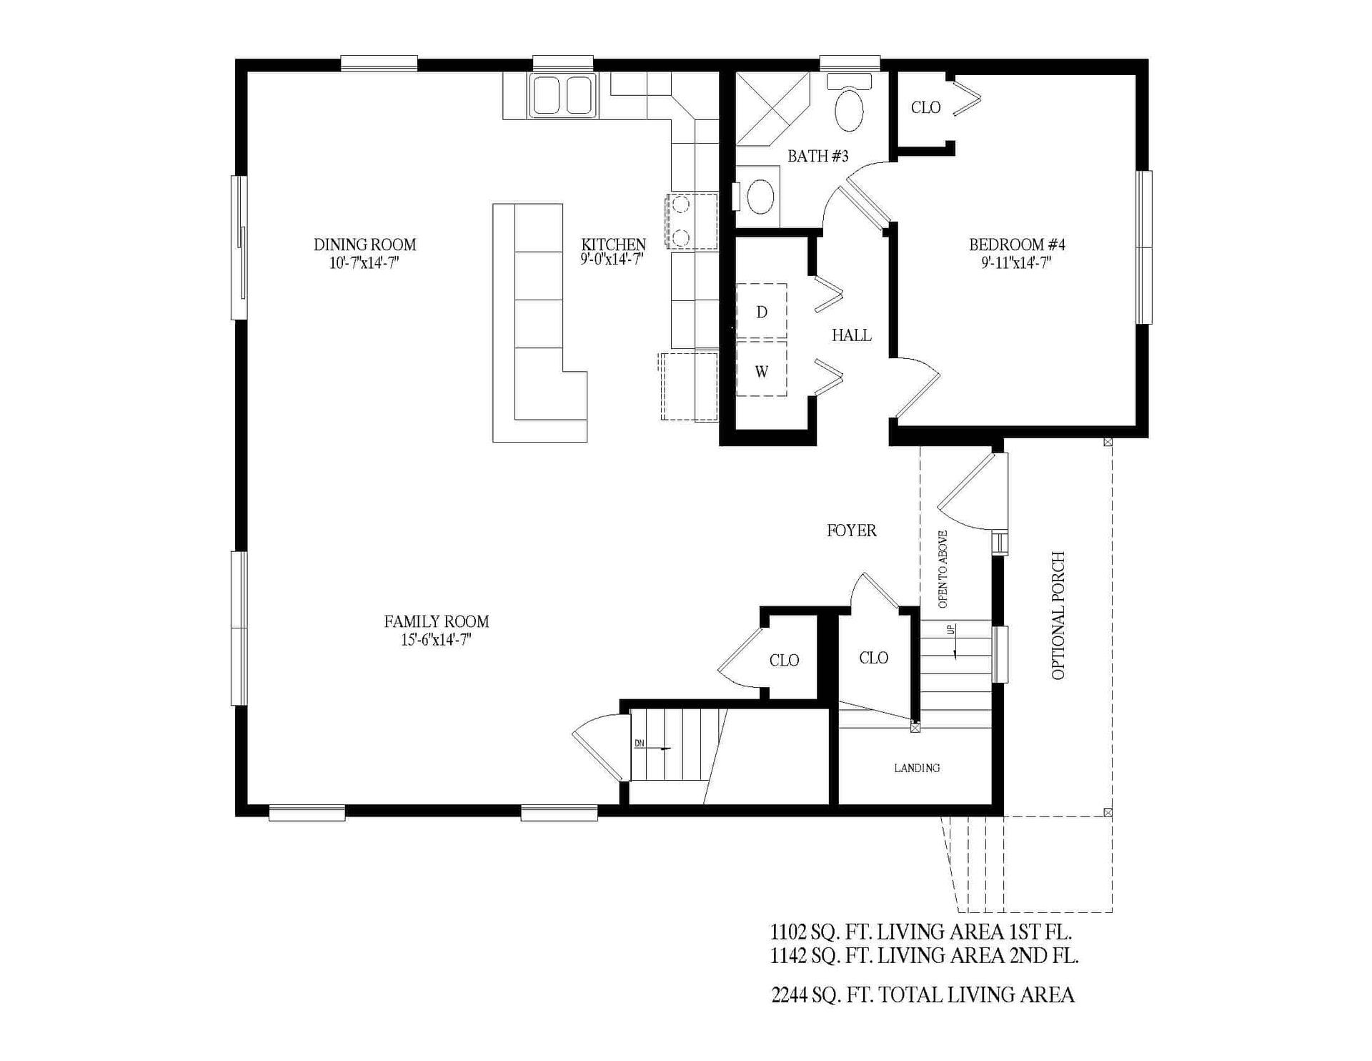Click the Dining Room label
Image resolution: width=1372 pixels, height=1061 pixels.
364,245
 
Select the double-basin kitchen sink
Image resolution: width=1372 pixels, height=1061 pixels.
562,96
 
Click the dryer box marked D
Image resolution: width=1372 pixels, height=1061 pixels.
762,312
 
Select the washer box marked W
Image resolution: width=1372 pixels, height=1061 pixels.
762,372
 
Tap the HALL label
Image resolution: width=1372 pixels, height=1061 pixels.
851,335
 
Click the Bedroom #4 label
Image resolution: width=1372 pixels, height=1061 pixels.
1017,245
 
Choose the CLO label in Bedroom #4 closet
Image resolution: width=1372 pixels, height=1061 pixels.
925,108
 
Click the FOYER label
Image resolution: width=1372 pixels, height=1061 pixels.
851,530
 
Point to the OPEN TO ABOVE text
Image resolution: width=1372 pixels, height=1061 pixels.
943,569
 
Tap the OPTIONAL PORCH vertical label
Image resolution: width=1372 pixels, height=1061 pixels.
1058,616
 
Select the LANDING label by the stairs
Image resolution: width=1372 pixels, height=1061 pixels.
917,768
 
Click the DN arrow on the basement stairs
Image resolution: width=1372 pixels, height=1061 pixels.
658,747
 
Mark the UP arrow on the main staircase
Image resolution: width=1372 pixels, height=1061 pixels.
953,641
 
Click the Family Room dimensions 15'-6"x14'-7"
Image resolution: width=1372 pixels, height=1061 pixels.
436,640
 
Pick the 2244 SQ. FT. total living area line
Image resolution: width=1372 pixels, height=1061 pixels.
923,995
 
